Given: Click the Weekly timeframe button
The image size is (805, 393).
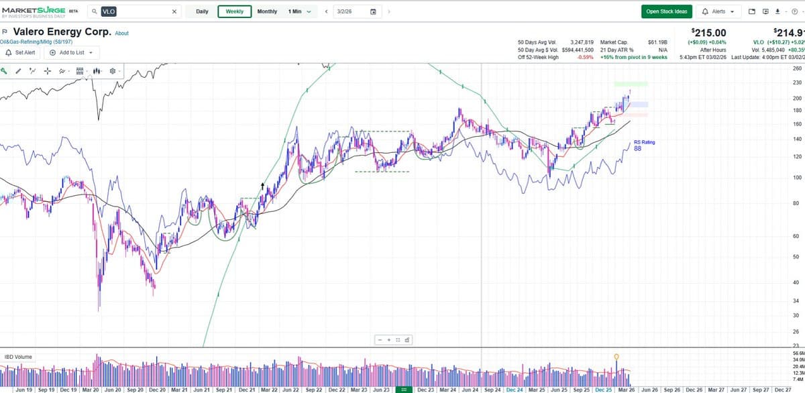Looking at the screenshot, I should pyautogui.click(x=235, y=11).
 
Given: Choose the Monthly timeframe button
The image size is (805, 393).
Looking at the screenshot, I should pyautogui.click(x=267, y=11).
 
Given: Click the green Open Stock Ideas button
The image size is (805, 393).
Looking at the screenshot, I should pyautogui.click(x=666, y=11).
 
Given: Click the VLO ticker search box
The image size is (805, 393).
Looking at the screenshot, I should pyautogui.click(x=138, y=11).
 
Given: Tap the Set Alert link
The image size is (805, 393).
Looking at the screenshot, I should pyautogui.click(x=21, y=52).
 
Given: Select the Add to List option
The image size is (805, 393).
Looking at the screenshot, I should pyautogui.click(x=70, y=52).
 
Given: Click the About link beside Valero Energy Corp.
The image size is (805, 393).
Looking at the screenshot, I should pyautogui.click(x=121, y=33).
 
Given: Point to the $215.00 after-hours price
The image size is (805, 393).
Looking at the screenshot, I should pyautogui.click(x=708, y=32).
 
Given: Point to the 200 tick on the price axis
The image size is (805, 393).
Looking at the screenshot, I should pyautogui.click(x=796, y=98).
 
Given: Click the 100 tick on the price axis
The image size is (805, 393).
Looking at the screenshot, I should pyautogui.click(x=796, y=178).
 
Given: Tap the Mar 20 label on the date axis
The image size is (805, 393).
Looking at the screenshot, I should pyautogui.click(x=91, y=389).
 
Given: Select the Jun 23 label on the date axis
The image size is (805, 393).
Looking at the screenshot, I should pyautogui.click(x=381, y=389).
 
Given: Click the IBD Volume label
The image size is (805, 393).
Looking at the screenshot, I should pyautogui.click(x=18, y=357).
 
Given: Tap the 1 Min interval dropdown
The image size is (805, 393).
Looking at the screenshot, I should pyautogui.click(x=299, y=11).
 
